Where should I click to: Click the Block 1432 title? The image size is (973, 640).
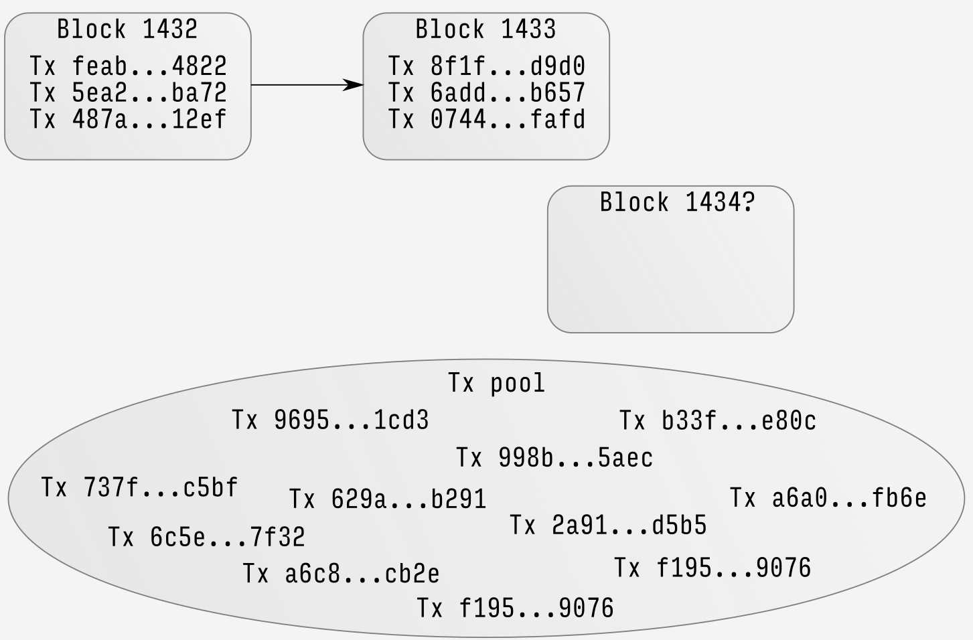(127, 29)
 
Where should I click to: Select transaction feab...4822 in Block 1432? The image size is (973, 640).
(128, 66)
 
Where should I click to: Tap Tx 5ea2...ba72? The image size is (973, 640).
(128, 92)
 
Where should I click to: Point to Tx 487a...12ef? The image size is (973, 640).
(128, 119)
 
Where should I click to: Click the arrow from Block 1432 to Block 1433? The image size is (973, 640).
(307, 85)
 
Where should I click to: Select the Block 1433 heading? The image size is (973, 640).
(485, 29)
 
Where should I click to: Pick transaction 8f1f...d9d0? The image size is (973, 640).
(486, 66)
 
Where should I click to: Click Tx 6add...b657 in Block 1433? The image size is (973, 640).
(486, 92)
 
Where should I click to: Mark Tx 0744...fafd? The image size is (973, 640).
(486, 119)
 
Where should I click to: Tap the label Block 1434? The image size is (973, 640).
(677, 202)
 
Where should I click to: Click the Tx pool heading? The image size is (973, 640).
(496, 383)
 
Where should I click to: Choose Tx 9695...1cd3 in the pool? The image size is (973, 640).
(330, 420)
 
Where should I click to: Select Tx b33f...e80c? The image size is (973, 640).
(717, 420)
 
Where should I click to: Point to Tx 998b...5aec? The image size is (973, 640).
(554, 458)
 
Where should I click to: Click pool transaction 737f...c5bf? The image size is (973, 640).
(139, 487)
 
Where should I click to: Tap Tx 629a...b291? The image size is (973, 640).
(387, 499)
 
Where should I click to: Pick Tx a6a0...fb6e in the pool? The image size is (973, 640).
(828, 498)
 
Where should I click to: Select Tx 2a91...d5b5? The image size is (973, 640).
(608, 526)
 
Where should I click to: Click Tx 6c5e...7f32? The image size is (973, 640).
(206, 537)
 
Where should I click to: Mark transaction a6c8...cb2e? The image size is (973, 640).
(341, 574)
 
